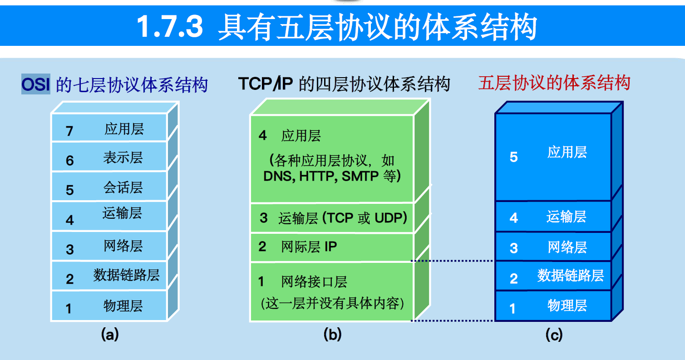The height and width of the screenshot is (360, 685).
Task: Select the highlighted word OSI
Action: click(x=35, y=85)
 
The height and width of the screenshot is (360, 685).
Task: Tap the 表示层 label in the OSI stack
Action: click(x=123, y=158)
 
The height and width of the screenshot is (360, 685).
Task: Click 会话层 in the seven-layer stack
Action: click(x=123, y=187)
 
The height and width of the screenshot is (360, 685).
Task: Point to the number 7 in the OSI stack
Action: click(x=69, y=132)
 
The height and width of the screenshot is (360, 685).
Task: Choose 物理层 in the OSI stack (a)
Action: click(x=123, y=306)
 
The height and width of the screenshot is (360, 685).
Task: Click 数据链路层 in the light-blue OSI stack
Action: click(x=127, y=275)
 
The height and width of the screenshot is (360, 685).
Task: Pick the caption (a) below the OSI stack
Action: click(x=109, y=335)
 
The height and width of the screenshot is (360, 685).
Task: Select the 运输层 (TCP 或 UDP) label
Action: click(x=343, y=218)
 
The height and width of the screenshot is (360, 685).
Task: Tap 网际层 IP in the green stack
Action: click(x=309, y=247)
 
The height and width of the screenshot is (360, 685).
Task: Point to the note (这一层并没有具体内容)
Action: click(x=332, y=303)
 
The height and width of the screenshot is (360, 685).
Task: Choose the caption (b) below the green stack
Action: click(x=332, y=335)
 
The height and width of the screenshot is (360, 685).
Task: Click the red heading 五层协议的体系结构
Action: click(x=554, y=84)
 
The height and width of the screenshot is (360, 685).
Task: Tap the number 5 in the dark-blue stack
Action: click(x=514, y=157)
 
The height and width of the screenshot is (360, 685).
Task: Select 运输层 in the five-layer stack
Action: click(x=567, y=217)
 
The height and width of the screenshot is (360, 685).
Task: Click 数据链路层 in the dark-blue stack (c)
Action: click(x=571, y=276)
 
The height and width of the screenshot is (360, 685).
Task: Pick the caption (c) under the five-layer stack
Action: click(x=554, y=335)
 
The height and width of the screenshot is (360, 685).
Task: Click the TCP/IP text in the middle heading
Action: click(x=266, y=84)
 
